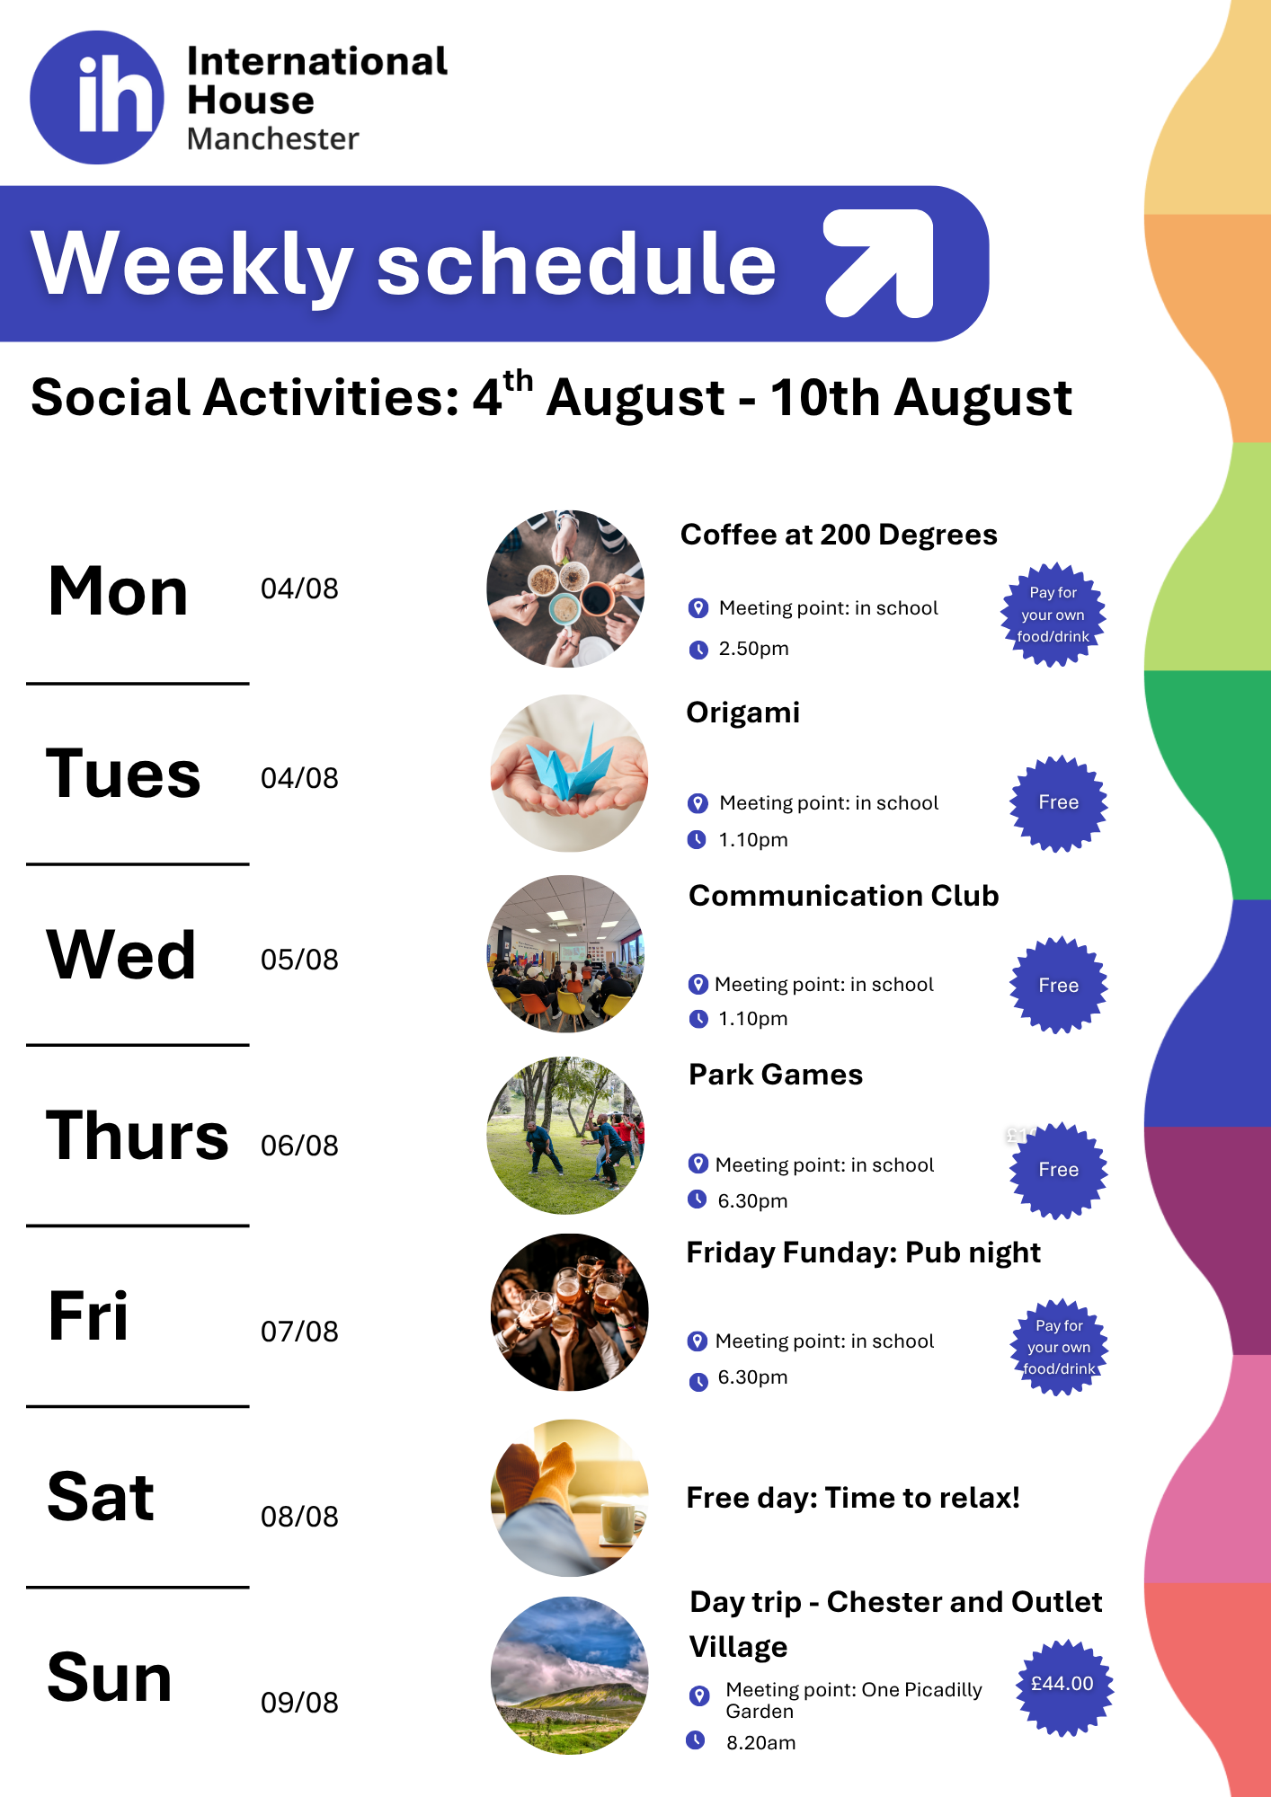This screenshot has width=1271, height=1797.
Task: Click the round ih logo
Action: [x=97, y=98]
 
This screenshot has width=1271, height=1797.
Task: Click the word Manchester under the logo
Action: [x=272, y=139]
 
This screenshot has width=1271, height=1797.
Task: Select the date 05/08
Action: [x=299, y=960]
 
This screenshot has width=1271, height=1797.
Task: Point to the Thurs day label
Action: [x=138, y=1136]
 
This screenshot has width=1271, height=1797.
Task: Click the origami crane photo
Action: [x=569, y=774]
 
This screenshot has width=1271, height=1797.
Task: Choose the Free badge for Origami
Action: [x=1059, y=803]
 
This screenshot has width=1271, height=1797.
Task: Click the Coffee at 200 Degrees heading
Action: [x=839, y=535]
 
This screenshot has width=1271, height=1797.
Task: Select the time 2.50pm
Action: [x=753, y=649]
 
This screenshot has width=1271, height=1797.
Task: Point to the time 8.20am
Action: [x=760, y=1743]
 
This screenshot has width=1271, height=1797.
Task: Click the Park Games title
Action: [x=776, y=1075]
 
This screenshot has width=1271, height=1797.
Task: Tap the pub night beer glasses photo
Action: [x=569, y=1313]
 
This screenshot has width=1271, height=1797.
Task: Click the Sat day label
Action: [x=101, y=1497]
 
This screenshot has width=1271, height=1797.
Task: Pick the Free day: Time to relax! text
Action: [x=853, y=1498]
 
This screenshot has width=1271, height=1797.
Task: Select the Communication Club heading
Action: [x=844, y=896]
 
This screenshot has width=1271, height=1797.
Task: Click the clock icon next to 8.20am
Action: [x=696, y=1740]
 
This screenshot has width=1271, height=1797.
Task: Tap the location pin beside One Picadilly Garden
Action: [x=698, y=1695]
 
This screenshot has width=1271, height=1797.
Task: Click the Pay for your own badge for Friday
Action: [x=1059, y=1347]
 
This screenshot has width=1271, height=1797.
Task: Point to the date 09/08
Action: [x=299, y=1703]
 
